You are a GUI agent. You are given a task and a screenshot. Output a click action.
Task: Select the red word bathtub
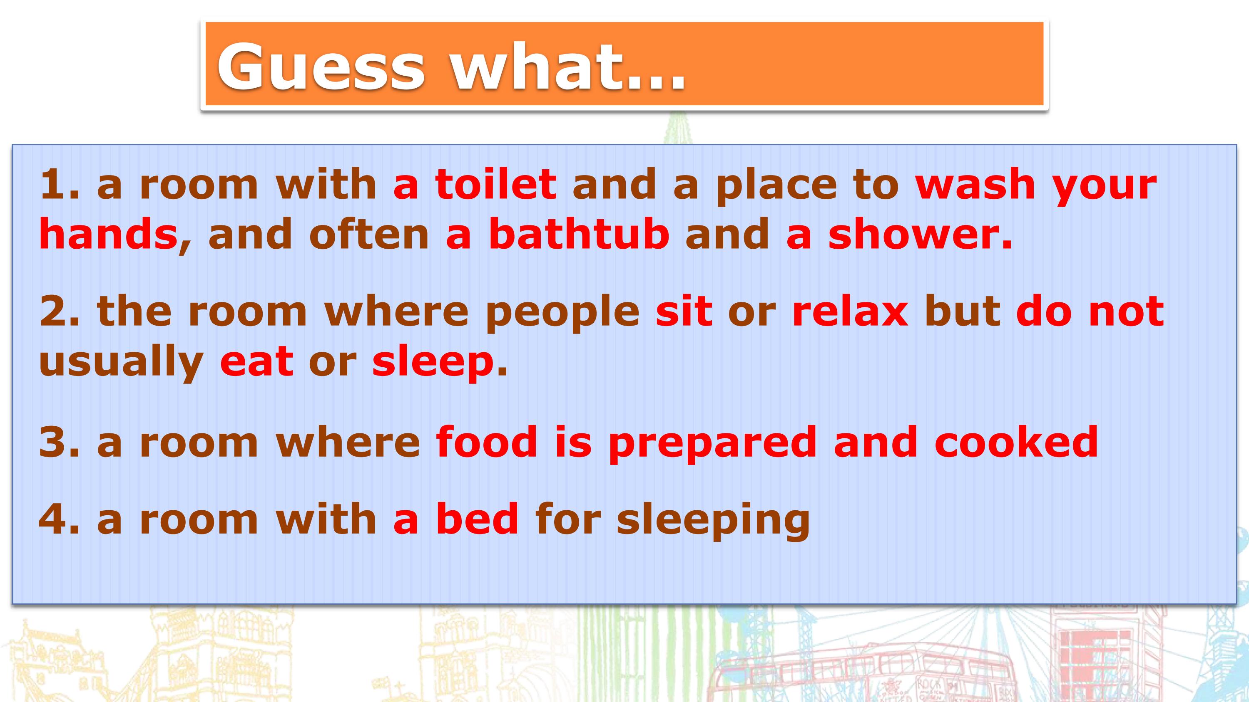pos(579,234)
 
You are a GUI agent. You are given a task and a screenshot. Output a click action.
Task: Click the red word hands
pos(108,234)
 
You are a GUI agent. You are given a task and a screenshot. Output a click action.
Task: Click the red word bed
pos(478,519)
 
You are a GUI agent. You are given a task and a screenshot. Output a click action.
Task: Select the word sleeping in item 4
pos(713,522)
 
